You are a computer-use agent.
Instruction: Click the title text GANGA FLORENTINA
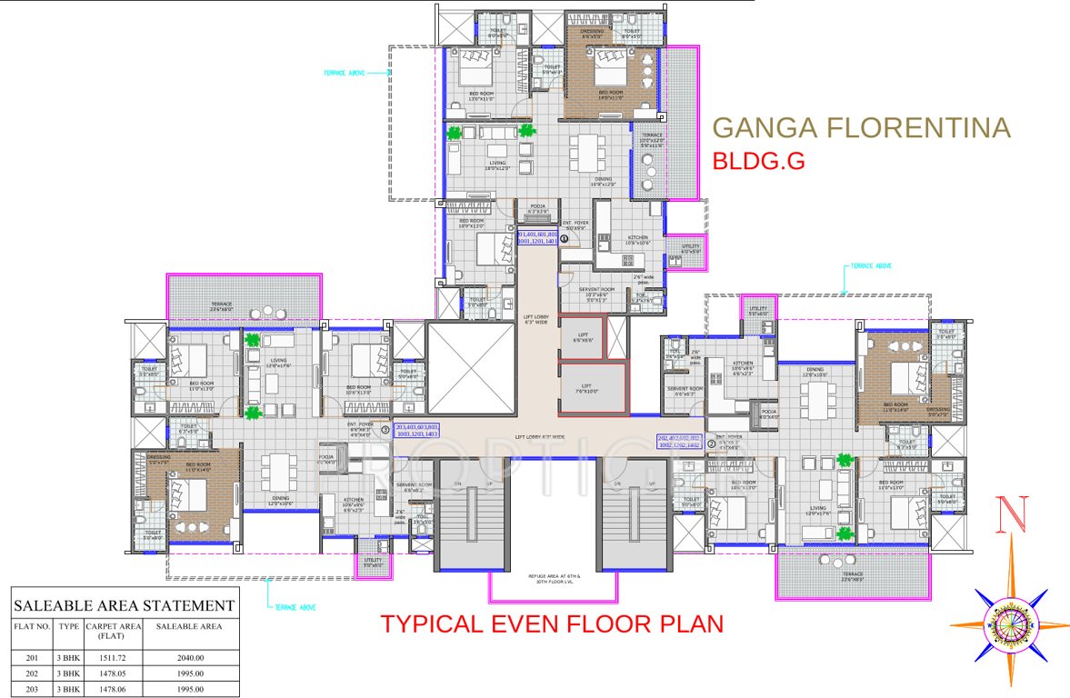861,127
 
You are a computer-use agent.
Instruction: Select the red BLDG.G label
758,162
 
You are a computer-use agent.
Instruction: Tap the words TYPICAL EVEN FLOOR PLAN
552,624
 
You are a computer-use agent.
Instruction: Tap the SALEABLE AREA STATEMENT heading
123,605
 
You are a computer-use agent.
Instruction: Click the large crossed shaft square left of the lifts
469,366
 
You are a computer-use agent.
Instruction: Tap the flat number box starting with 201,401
536,237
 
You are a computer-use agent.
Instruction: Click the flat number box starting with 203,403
417,431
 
